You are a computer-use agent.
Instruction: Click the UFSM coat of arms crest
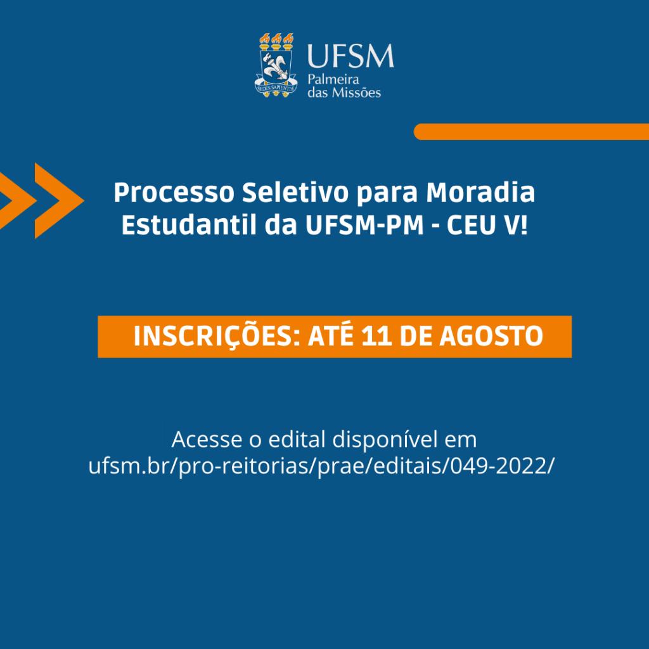pos(276,65)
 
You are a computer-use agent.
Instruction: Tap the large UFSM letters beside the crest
pos(350,56)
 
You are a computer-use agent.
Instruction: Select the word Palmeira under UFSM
pos(333,79)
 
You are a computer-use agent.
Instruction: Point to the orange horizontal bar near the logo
pos(532,132)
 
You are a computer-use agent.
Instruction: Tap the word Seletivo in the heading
pos(295,193)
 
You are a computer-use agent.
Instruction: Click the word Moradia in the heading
pos(480,193)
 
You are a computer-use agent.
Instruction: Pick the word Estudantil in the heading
pos(189,225)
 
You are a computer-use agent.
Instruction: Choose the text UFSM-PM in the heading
pos(364,225)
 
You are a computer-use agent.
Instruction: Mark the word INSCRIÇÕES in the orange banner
pos(214,336)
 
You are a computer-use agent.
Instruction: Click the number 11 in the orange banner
pos(376,336)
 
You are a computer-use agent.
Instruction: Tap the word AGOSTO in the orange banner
pos(491,336)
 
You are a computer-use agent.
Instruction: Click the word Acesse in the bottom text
pos(207,439)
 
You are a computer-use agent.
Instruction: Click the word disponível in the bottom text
pos(385,440)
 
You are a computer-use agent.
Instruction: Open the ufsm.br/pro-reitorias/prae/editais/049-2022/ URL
pos(321,466)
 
